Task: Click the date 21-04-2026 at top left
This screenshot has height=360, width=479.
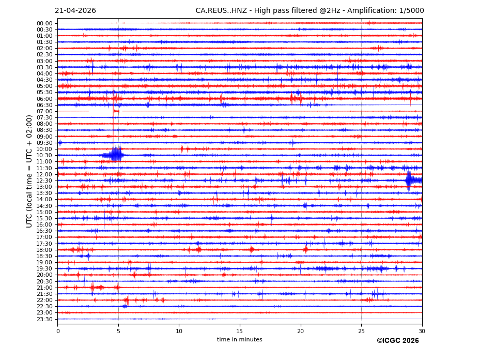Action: pos(75,11)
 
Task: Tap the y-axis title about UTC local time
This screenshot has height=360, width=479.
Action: pos(29,171)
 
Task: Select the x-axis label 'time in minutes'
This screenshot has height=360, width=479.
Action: pos(239,340)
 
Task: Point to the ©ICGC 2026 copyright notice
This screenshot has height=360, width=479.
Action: pos(397,341)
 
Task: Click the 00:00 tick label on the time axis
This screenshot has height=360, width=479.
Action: pos(44,23)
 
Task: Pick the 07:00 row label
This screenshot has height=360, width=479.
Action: pos(44,111)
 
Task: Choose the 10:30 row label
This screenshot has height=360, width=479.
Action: pos(44,155)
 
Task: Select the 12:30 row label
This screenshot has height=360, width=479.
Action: pos(44,181)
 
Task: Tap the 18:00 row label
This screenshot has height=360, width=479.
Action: pos(44,250)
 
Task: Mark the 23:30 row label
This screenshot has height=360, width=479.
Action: pos(44,319)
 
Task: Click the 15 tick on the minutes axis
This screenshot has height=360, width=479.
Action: pos(240,331)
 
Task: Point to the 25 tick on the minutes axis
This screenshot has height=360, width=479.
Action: pos(361,331)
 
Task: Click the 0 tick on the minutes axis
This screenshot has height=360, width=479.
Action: pos(58,331)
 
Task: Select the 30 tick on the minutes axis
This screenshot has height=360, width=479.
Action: pos(422,331)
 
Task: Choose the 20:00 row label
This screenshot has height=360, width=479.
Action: pos(44,275)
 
